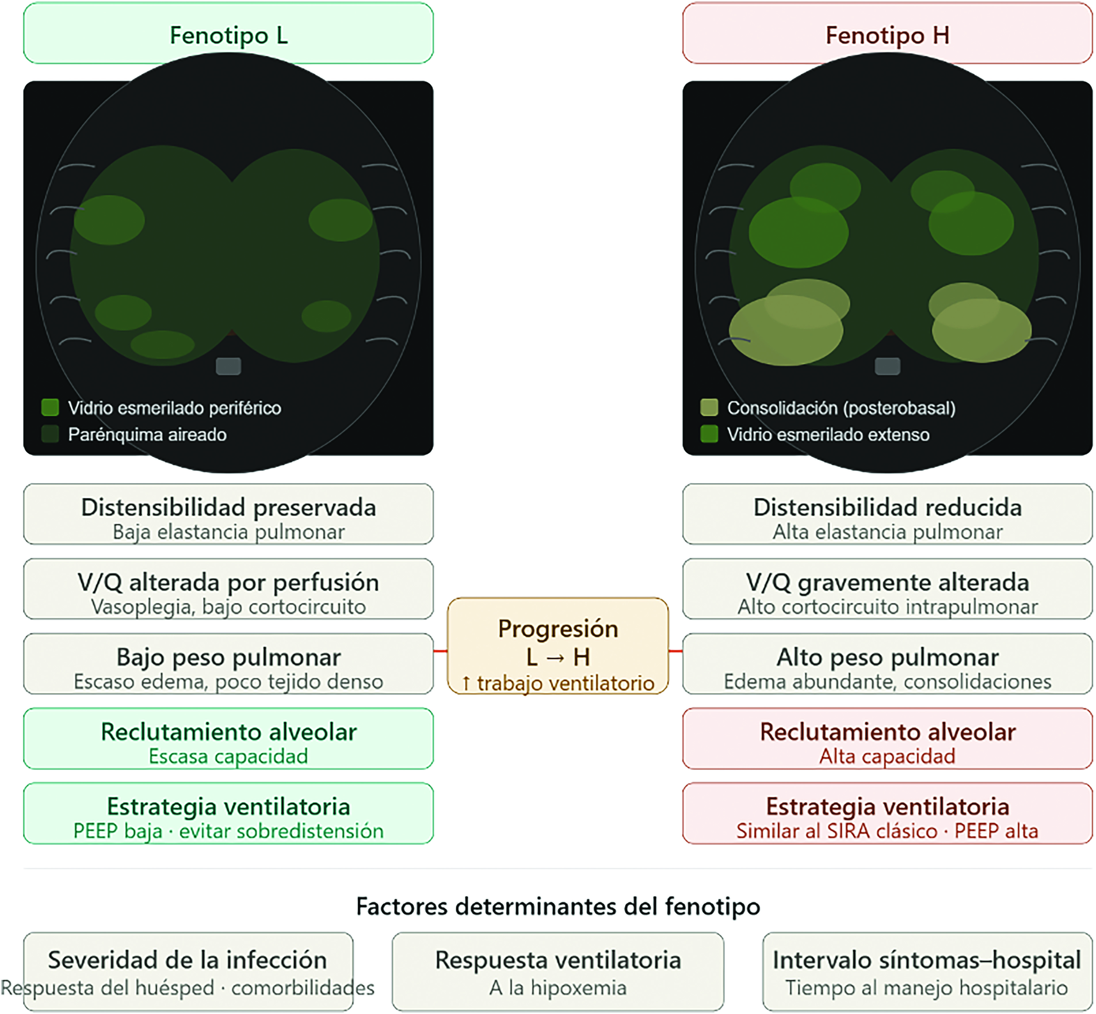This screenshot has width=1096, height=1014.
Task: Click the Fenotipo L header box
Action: pos(228,33)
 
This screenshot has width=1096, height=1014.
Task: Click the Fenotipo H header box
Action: pos(887,33)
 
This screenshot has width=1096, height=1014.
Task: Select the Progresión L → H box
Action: pos(557,646)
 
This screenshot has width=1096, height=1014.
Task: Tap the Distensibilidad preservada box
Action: pos(228,514)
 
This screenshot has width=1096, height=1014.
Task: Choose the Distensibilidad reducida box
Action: pos(887,514)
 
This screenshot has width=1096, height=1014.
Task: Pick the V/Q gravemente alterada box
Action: pos(887,589)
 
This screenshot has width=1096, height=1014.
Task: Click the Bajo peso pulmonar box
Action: pos(228,664)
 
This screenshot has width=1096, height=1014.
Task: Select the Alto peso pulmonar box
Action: pos(887,664)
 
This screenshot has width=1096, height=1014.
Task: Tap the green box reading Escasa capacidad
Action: pos(228,738)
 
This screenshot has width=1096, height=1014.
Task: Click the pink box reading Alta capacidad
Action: pos(887,738)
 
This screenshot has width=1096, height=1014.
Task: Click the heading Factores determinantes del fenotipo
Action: pos(558,906)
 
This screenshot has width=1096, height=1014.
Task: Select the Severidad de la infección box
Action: pos(188,971)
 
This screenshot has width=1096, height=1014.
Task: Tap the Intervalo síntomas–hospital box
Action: pos(927,971)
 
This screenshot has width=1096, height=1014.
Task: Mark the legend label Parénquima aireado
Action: pos(147,435)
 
